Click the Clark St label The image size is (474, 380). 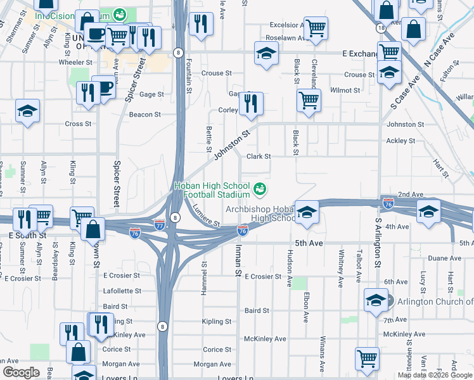coord(259,156)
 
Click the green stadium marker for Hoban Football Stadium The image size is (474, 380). coord(259,189)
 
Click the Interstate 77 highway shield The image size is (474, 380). coord(160,224)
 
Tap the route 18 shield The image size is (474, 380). coord(380,28)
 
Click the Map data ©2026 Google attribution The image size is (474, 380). coord(435,375)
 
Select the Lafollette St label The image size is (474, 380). coord(122,291)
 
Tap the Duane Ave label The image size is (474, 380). coord(444,258)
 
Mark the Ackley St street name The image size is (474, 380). coord(400,141)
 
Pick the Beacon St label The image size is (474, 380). coord(144,115)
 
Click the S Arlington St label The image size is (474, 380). coord(378,243)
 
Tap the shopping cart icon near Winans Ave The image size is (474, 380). coord(367,358)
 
